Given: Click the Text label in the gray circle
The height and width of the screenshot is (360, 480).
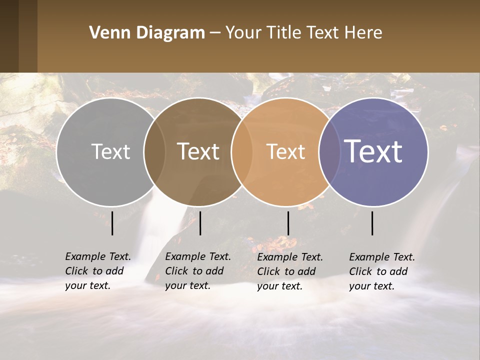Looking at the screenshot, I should [110, 151].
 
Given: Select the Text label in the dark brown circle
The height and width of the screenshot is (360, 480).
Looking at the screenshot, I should [198, 151].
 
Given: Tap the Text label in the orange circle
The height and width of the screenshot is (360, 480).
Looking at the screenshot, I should [285, 151].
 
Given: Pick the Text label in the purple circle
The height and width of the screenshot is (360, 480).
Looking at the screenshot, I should [373, 151].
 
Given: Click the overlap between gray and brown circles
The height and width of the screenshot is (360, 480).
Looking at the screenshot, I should [154, 152].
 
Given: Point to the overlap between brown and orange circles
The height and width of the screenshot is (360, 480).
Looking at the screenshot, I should [242, 152].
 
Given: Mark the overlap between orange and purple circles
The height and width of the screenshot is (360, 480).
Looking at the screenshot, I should [329, 152].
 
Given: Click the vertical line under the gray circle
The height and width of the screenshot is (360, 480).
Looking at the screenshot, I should [112, 223].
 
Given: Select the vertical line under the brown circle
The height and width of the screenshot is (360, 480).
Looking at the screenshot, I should [200, 223].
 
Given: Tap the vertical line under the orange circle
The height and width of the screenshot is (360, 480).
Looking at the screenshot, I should [288, 223].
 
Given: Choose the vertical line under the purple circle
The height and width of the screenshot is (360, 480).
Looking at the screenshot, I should [372, 223].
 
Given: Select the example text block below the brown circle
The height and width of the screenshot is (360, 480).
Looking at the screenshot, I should [197, 271].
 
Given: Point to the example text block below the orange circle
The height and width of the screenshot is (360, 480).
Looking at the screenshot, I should [289, 271].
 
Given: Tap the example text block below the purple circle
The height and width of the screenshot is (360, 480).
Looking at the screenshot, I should [381, 271].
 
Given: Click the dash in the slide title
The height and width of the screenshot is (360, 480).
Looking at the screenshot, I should [215, 33].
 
